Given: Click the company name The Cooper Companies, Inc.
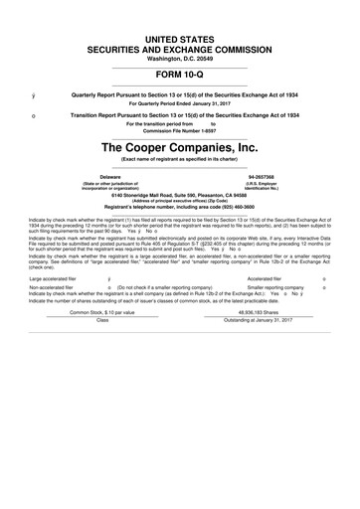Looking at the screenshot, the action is click(x=180, y=147).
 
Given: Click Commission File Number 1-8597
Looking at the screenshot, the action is click(x=180, y=129).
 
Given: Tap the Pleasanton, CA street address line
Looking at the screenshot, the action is click(x=180, y=195).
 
